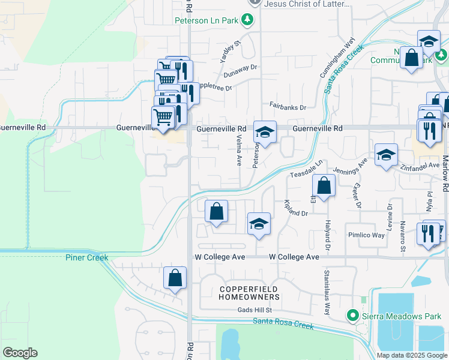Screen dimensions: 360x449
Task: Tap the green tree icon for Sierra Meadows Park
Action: point(354,315)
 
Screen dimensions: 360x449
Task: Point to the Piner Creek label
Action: point(87,257)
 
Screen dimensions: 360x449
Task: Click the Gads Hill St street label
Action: point(255,310)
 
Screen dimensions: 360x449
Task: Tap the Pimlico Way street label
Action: point(366,235)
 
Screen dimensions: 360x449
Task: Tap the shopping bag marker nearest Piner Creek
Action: point(175,278)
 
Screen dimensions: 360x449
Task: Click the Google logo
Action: point(20,353)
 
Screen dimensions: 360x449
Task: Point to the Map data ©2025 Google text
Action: point(411,355)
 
